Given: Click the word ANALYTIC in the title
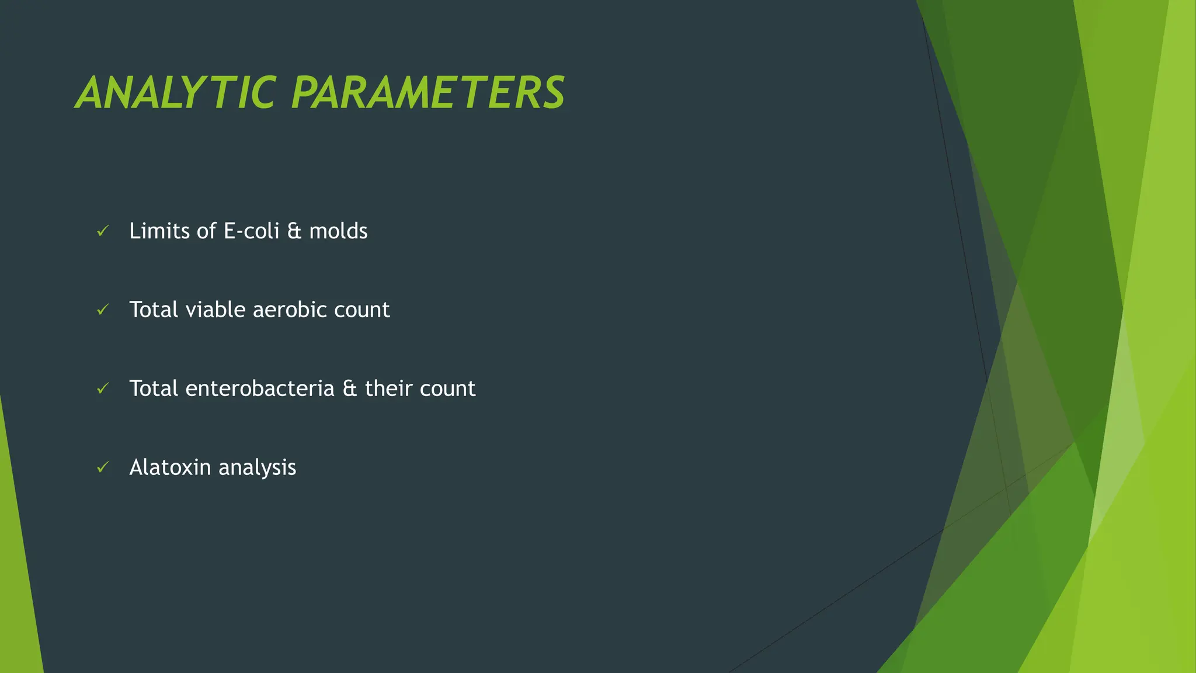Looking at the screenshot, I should click(x=175, y=93).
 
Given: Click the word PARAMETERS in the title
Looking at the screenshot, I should click(x=427, y=93).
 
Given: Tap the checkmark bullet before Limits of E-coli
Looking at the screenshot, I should click(x=103, y=231).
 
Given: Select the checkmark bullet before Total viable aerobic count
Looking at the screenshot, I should click(x=103, y=310).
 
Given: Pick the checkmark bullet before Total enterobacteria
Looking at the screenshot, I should click(x=103, y=388).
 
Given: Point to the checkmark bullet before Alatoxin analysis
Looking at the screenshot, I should click(x=103, y=467).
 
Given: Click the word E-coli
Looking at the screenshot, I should click(x=252, y=231).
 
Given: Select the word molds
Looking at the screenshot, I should click(x=338, y=231).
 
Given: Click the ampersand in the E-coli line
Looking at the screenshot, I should click(x=294, y=231).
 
